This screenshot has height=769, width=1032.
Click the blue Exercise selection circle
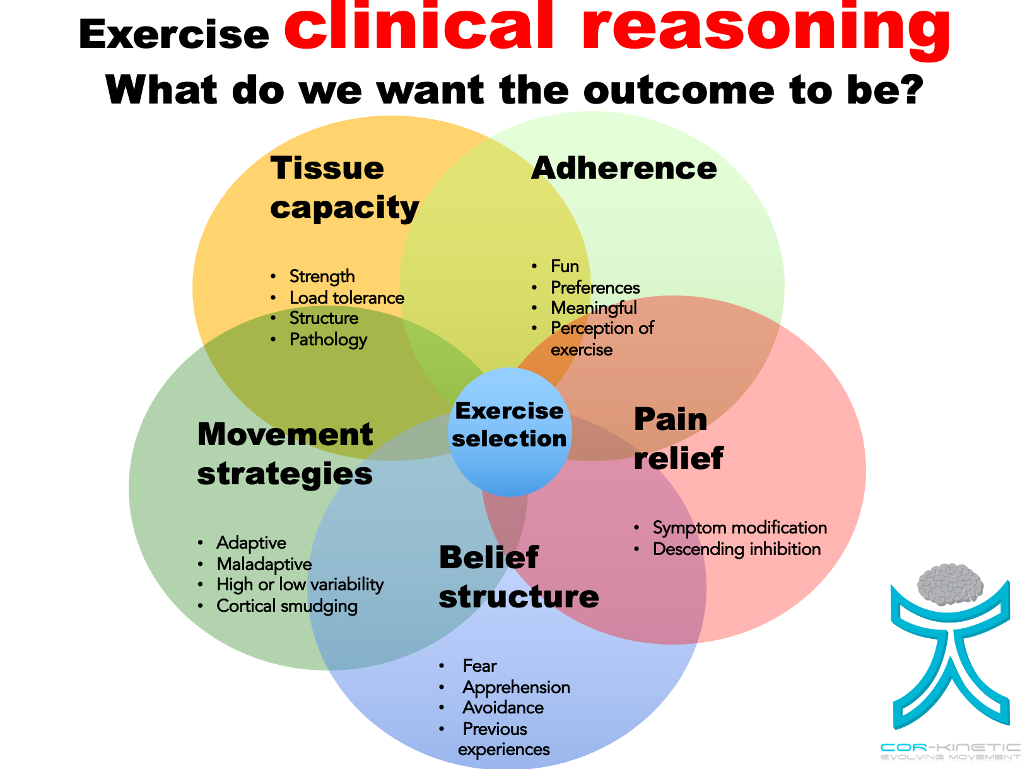pos(510,432)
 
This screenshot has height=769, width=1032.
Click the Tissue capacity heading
pos(344,188)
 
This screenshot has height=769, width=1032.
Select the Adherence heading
pos(624,168)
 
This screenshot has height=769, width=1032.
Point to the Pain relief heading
pos(677,439)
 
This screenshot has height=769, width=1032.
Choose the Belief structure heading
pos(519,576)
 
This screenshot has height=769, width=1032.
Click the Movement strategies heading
pos(285,454)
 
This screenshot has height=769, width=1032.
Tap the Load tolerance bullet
pos(346,297)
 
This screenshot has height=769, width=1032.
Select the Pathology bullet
pos(328,340)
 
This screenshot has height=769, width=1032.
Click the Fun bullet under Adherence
pos(565,266)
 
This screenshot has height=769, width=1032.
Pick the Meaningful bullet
pos(594,308)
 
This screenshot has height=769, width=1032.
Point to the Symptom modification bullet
pos(739,528)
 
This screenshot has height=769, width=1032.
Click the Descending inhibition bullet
pos(736,549)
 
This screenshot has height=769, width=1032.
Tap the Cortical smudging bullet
pos(286,606)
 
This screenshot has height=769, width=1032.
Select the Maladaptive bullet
pos(264,564)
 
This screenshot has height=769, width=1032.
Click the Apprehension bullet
pos(516,687)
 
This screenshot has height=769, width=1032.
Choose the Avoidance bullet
pos(503,708)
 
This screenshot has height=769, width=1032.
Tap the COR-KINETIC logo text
pos(950,748)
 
